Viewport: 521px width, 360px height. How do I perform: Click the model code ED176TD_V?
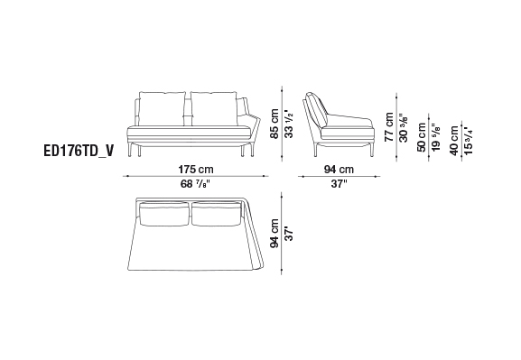(79, 151)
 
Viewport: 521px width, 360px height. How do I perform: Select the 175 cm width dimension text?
(196, 170)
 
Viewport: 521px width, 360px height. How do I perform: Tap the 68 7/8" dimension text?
(195, 184)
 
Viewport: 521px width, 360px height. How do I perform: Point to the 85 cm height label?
(274, 124)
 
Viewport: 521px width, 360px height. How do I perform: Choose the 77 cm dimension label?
(389, 127)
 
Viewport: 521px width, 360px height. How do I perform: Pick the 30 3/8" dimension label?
(404, 127)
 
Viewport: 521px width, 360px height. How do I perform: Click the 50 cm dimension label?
(422, 137)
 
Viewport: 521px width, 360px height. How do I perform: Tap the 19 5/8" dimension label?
(436, 137)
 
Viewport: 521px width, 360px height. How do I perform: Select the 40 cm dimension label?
(454, 140)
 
